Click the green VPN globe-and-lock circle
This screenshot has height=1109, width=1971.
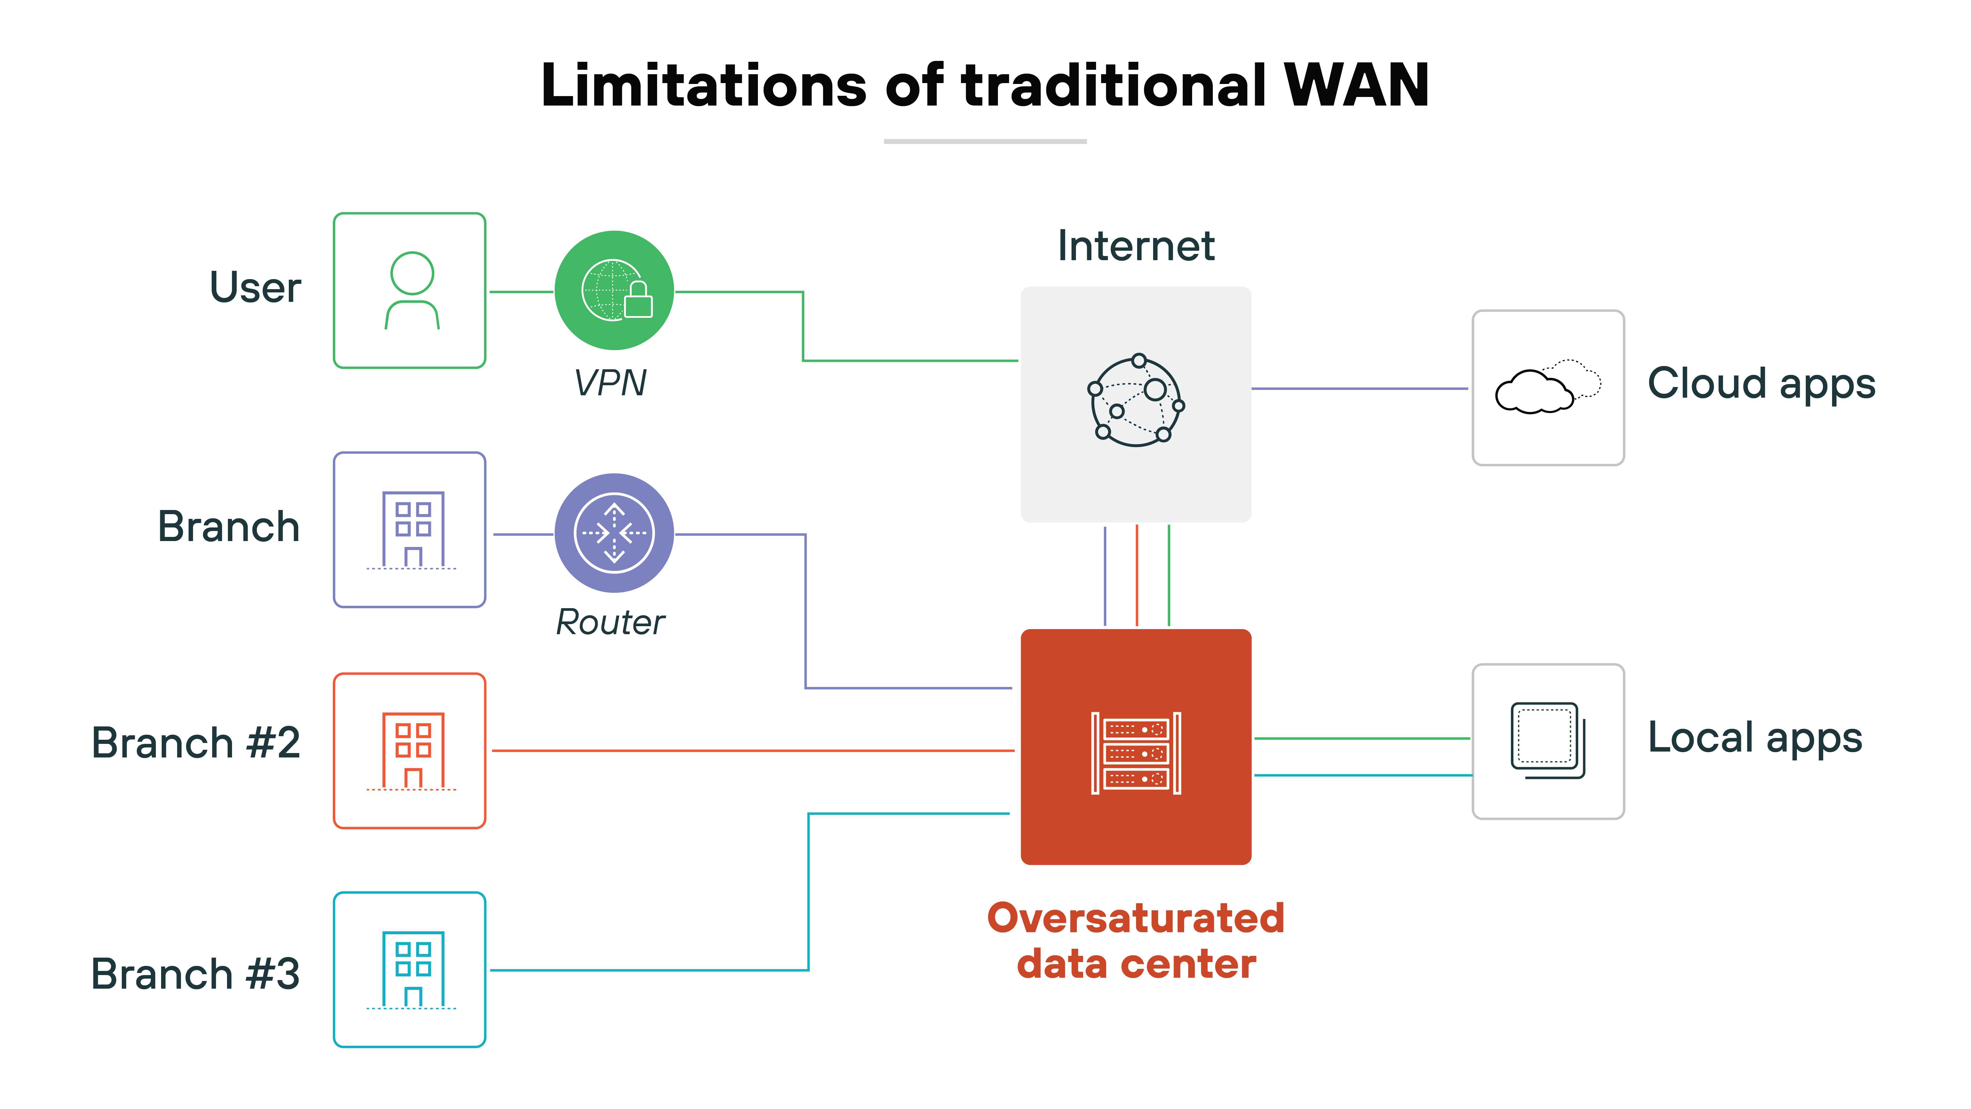click(x=614, y=291)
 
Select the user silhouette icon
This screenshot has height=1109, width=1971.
click(x=412, y=291)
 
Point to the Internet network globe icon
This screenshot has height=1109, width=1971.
click(x=1135, y=400)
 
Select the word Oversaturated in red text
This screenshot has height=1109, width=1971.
click(x=1135, y=918)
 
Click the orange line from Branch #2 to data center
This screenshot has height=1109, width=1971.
click(x=750, y=751)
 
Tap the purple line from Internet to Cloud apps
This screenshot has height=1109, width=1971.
click(x=1359, y=389)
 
